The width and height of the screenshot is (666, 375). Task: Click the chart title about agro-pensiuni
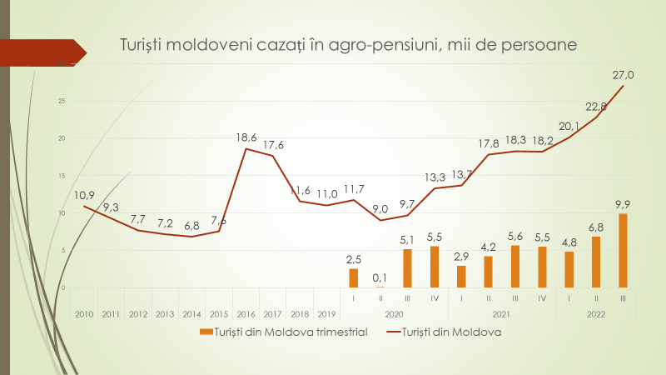348,43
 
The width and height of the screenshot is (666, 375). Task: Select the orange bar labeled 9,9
622,251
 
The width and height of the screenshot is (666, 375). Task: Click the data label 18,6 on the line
246,137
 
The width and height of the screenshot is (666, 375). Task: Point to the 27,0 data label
624,75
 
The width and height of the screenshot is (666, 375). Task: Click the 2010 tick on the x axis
84,314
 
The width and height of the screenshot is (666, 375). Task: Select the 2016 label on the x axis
246,314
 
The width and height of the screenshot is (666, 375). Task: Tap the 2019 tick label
326,314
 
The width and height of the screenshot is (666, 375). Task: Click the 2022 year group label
595,314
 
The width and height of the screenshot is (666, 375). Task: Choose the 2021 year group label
501,314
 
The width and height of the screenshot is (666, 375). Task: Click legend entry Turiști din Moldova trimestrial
285,332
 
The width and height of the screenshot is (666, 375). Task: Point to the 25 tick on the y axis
62,101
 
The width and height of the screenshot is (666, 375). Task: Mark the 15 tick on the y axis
62,176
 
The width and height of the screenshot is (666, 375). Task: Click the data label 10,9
84,195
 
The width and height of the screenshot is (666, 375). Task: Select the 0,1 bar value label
380,277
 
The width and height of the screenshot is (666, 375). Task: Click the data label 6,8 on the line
192,225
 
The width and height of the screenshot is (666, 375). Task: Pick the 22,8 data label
596,106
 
